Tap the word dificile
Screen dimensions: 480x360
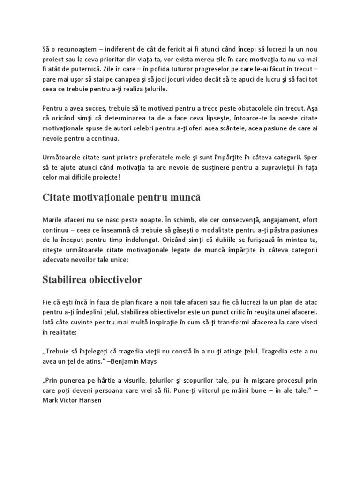[x=92, y=177]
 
